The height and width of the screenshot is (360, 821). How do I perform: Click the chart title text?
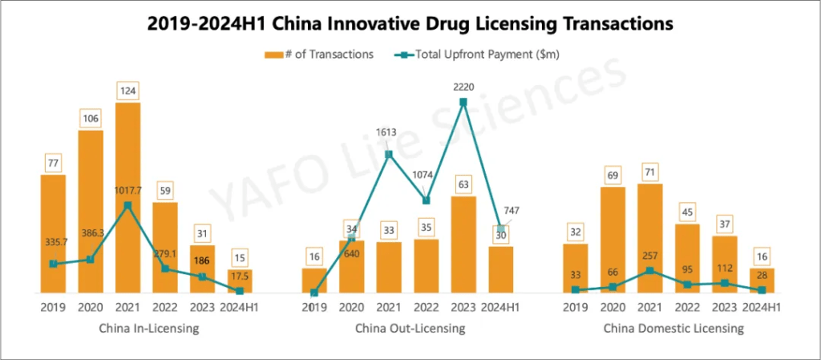coord(410,24)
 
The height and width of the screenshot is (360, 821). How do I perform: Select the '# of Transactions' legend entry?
coord(318,55)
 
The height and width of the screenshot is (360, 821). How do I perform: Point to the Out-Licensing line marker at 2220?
coord(463,102)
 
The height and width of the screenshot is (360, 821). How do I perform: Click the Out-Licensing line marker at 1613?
coord(389,155)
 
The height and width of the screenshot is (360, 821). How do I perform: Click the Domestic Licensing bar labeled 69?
coord(613,240)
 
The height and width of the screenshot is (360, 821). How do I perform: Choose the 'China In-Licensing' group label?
coord(148,329)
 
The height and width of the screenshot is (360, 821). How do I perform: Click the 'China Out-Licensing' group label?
coord(410,329)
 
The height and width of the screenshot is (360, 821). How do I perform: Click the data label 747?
coord(511,211)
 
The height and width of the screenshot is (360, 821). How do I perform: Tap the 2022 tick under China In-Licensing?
coord(164,307)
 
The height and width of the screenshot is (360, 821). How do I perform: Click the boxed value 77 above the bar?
coord(53,164)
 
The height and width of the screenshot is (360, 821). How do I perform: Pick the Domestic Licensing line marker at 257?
coord(649,271)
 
